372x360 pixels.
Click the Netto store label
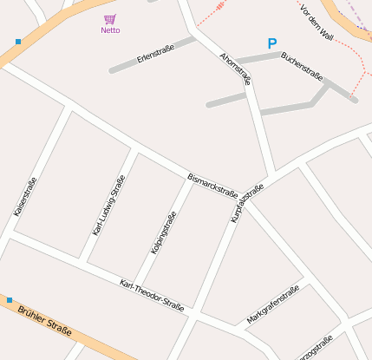coord(110,30)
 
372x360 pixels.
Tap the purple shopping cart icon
coord(109,19)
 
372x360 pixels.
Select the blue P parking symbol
coord(272,43)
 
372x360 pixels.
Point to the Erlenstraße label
coord(155,54)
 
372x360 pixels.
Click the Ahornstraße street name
coord(236,69)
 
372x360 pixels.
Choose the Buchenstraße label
coord(302,67)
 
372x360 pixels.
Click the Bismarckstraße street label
coord(212,185)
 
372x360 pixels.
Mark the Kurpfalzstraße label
coord(246,204)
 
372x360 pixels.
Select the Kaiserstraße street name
coord(25,197)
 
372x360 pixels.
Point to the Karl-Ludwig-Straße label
coord(109,206)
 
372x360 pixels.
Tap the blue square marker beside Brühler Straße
coord(10,300)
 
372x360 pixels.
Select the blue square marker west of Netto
coord(18,41)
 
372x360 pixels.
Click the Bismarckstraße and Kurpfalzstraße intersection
coord(242,199)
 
